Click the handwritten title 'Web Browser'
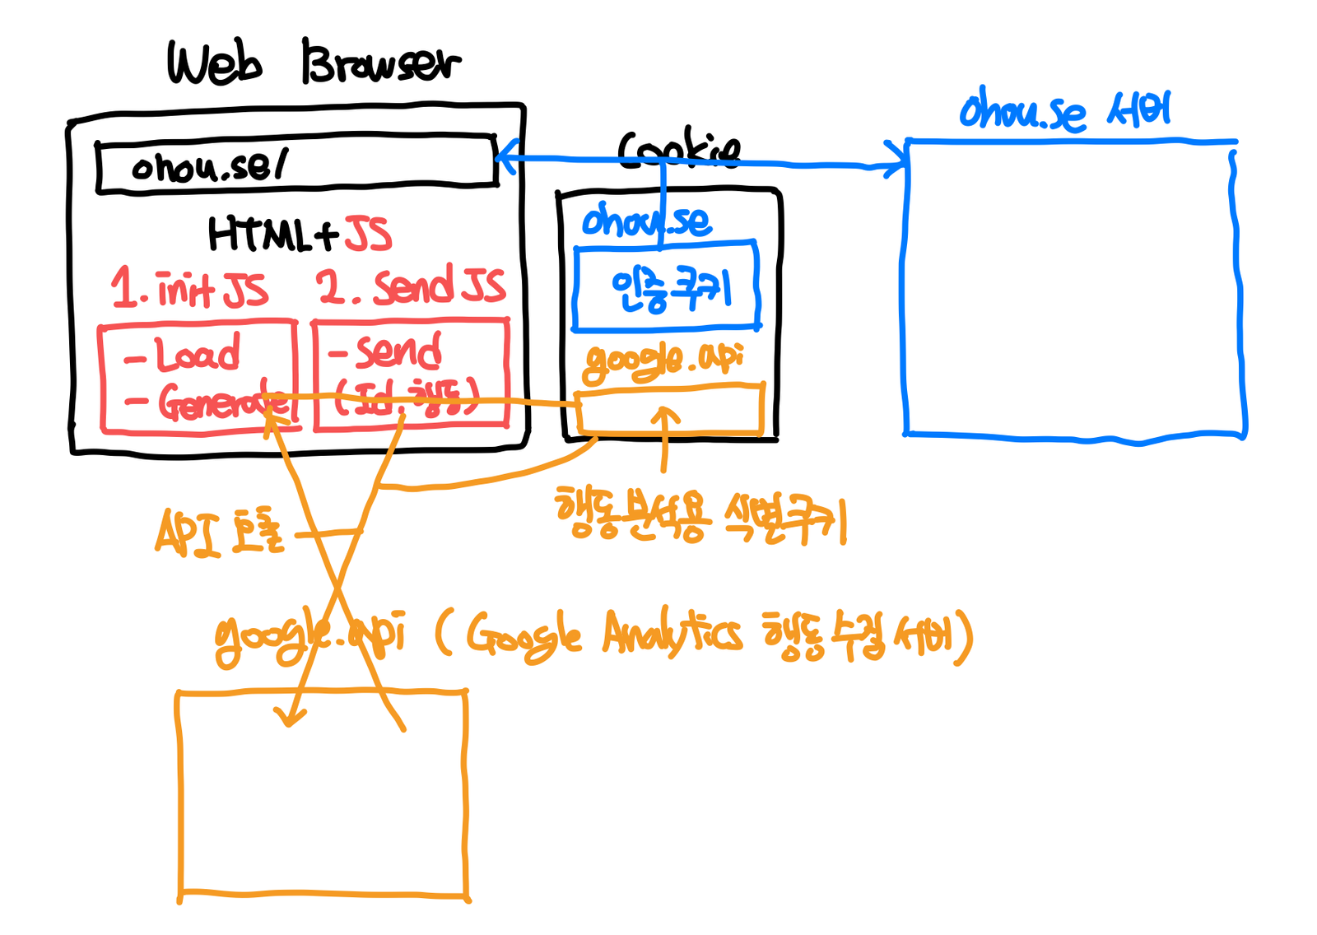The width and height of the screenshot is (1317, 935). [x=313, y=63]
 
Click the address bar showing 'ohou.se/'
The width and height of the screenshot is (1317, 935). [x=296, y=165]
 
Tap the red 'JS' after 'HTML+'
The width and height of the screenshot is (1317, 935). [x=367, y=234]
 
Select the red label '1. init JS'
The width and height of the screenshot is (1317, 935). [x=189, y=289]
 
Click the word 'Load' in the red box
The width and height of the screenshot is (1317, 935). [x=198, y=354]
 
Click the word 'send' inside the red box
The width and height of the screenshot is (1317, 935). [x=398, y=351]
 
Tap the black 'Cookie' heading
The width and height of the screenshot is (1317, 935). [x=678, y=150]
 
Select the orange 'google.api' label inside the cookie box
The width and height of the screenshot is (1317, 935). [x=663, y=360]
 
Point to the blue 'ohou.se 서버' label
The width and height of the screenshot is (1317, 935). [x=1064, y=111]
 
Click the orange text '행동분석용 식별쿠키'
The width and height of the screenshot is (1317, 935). [x=700, y=517]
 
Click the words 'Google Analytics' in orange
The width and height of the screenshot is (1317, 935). [x=604, y=635]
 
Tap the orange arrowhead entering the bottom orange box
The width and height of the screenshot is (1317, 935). [x=290, y=716]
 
